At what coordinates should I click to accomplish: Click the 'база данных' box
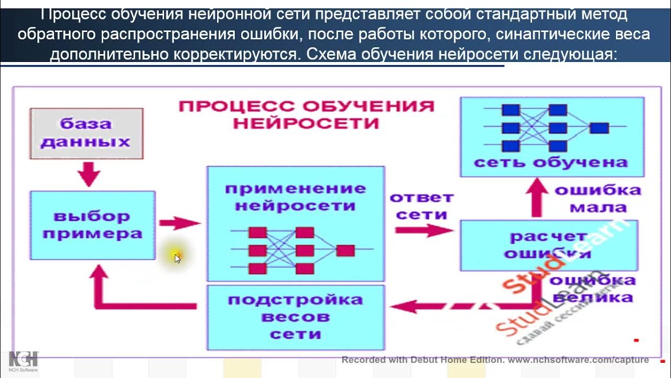(86, 133)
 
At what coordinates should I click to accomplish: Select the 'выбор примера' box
(92, 225)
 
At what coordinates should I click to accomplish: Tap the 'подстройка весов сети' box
(296, 317)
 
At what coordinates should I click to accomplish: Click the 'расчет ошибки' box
(548, 245)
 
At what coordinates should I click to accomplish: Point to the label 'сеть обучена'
(550, 162)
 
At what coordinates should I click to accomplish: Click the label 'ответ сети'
(421, 206)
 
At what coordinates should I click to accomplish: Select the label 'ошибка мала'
(598, 198)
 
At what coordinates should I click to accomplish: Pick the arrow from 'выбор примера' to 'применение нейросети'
(180, 223)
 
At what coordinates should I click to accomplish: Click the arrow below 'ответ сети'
(424, 230)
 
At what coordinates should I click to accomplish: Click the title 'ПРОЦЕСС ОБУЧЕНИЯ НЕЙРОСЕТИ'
(306, 114)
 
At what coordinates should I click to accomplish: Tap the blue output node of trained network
(599, 128)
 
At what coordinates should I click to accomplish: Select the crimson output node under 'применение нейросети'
(345, 250)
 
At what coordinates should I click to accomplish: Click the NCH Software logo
(23, 362)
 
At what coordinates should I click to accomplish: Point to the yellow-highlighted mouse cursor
(177, 257)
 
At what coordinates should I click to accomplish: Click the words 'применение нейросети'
(295, 196)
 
